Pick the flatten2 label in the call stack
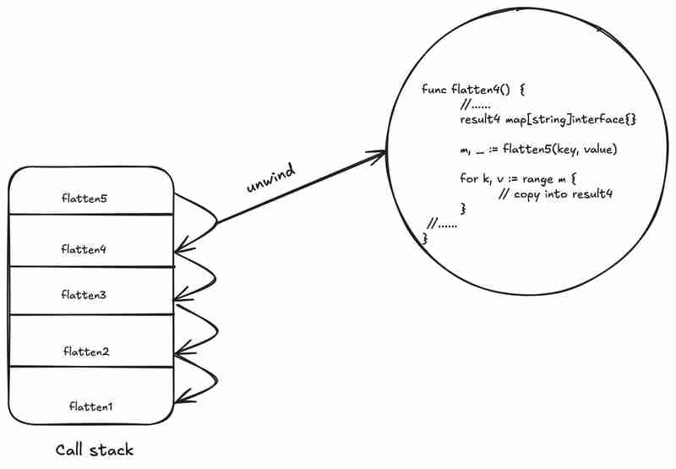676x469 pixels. [86, 351]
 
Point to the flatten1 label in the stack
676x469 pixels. [91, 406]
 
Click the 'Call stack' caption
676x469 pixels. [94, 450]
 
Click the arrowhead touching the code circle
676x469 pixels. [382, 153]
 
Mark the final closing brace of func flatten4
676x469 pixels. [425, 239]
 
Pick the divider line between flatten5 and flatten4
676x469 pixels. [91, 215]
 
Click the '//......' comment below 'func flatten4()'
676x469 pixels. [477, 105]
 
